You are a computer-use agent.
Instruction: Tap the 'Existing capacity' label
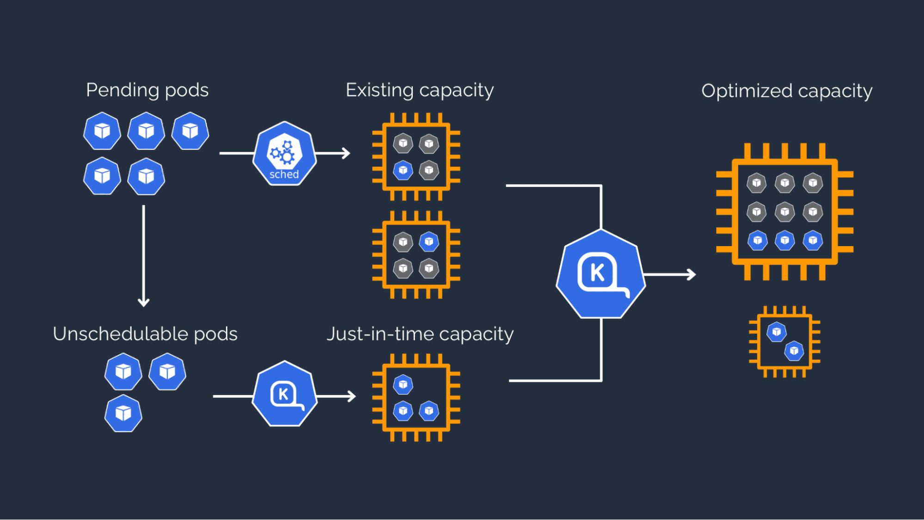419,90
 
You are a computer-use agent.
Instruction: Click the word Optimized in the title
747,91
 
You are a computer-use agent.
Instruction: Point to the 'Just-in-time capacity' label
420,334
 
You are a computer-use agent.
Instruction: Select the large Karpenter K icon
600,274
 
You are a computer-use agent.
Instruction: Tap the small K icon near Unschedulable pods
285,394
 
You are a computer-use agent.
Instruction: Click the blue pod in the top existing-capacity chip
403,170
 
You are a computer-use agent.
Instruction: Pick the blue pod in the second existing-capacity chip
429,241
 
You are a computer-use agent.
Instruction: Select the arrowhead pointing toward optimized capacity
691,275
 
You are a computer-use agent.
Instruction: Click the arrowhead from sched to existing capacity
346,153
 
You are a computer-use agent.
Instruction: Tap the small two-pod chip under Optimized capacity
784,341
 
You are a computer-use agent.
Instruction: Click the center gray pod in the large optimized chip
784,212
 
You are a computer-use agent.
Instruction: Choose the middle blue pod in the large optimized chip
784,241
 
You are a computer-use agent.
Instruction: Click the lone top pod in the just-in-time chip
403,384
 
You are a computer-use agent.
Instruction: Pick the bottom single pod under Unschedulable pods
123,413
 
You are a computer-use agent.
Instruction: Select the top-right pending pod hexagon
190,131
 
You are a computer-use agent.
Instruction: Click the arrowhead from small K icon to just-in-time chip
351,396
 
